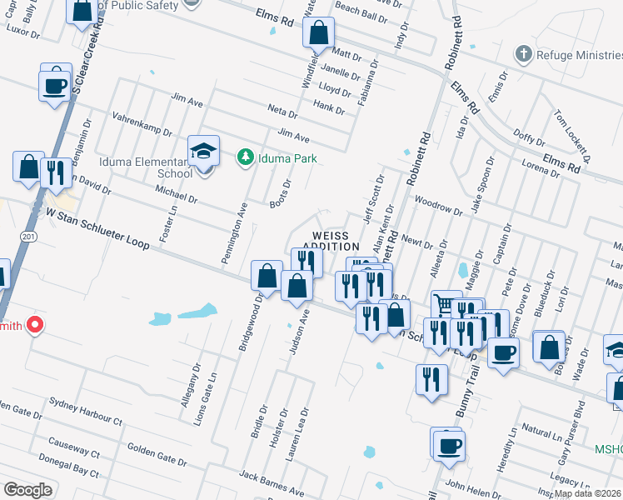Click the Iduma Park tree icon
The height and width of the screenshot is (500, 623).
pyautogui.click(x=246, y=157)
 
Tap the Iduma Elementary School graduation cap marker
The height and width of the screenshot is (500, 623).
pyautogui.click(x=203, y=151)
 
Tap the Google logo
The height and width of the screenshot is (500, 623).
pyautogui.click(x=28, y=490)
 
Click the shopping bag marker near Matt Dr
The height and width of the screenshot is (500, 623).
pyautogui.click(x=318, y=34)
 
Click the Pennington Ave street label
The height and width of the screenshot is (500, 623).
pyautogui.click(x=235, y=234)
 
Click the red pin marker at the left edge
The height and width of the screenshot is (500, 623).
pyautogui.click(x=34, y=324)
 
